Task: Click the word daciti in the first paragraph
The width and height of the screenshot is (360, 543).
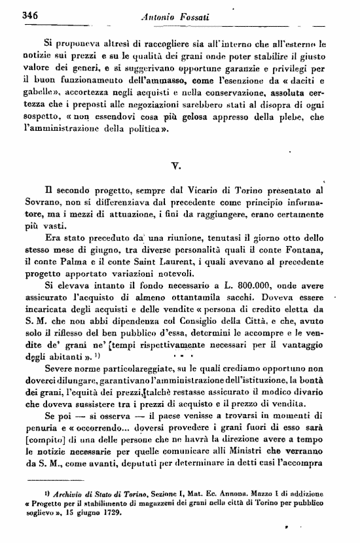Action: coord(308,86)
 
